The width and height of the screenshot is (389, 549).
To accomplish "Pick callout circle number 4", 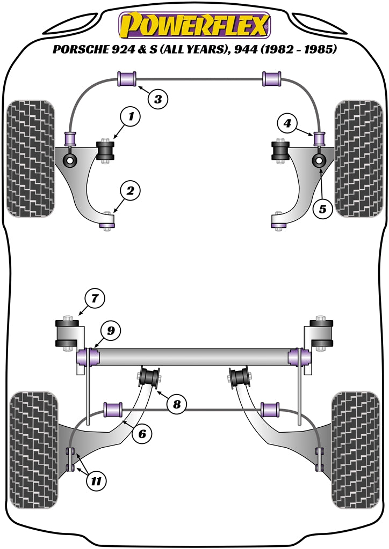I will pyautogui.click(x=287, y=124).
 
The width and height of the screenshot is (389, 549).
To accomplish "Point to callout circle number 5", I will pyautogui.click(x=322, y=210).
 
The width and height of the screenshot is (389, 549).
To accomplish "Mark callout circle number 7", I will pyautogui.click(x=95, y=298).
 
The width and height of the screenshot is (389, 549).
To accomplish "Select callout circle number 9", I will pyautogui.click(x=110, y=331).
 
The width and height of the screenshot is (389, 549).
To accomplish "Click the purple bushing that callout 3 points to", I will pyautogui.click(x=127, y=78).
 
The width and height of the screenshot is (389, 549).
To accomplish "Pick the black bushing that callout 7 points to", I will pyautogui.click(x=68, y=333).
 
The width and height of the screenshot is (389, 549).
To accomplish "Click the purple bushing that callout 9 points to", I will pyautogui.click(x=88, y=355).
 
